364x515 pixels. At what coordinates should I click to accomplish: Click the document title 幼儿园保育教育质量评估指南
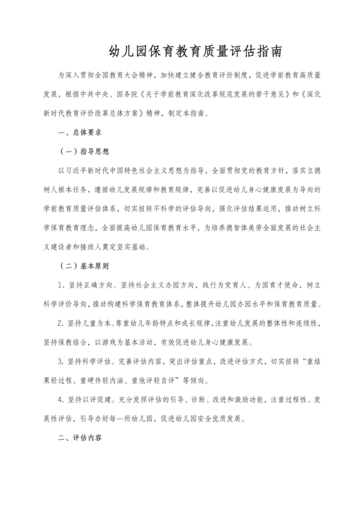click(182, 49)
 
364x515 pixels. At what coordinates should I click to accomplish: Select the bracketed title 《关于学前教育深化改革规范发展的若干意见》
click(214, 94)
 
